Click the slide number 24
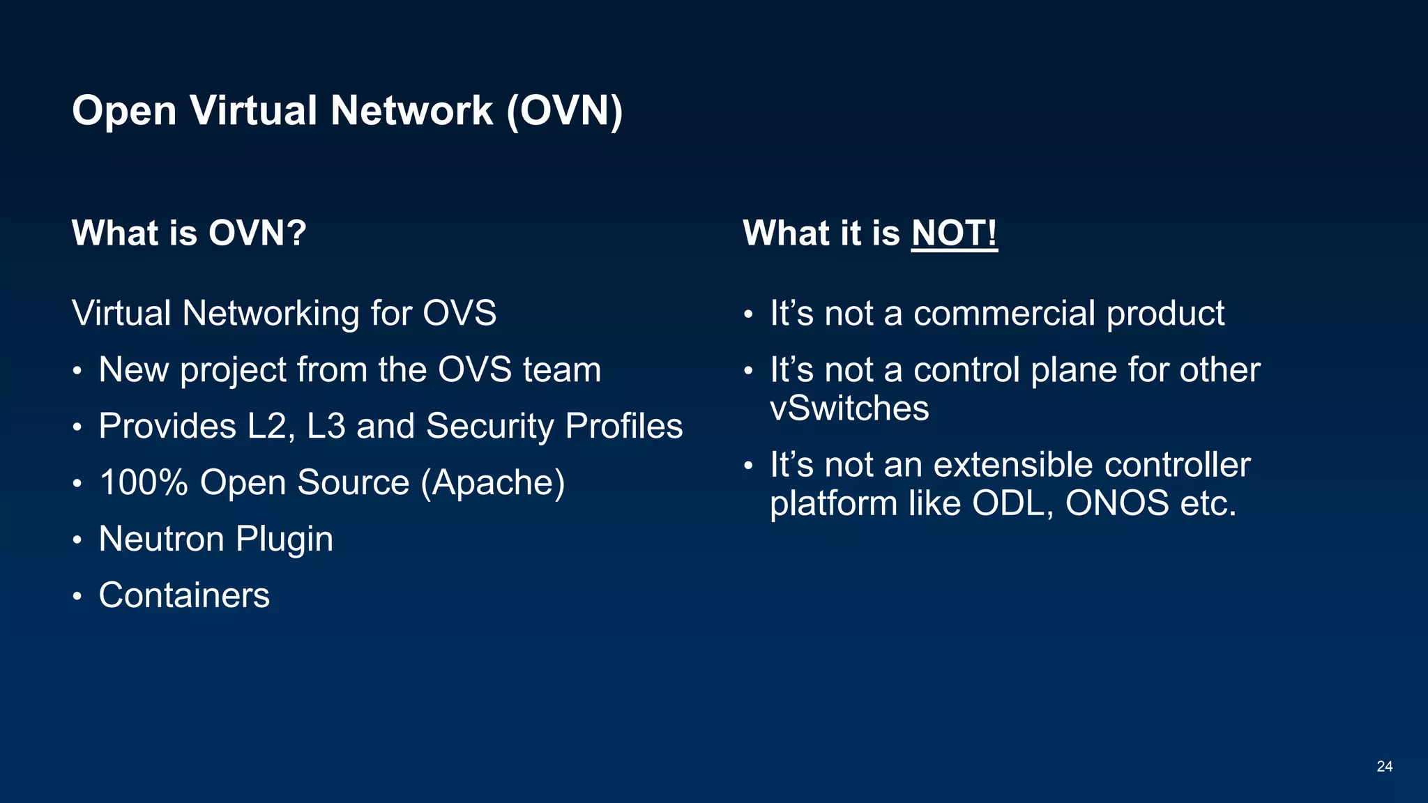(x=1384, y=767)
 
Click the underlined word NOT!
(x=954, y=233)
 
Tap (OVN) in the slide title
(x=564, y=111)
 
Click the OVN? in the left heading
(x=257, y=233)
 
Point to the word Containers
(x=184, y=595)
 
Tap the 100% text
(x=144, y=482)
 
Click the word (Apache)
(x=492, y=483)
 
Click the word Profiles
(x=624, y=426)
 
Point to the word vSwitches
(x=849, y=408)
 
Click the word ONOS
(x=1117, y=503)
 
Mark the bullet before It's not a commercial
(x=748, y=315)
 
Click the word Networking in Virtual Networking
(x=271, y=314)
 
